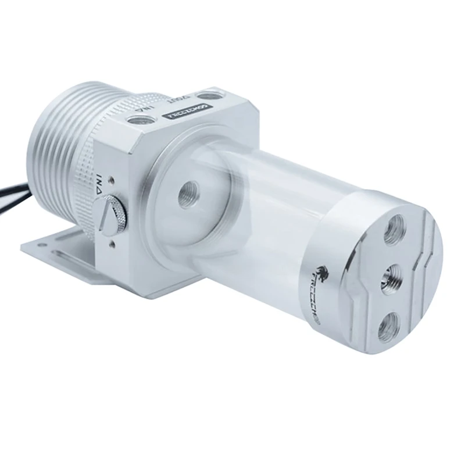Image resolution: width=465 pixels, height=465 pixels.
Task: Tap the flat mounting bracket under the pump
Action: click(x=64, y=253)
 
